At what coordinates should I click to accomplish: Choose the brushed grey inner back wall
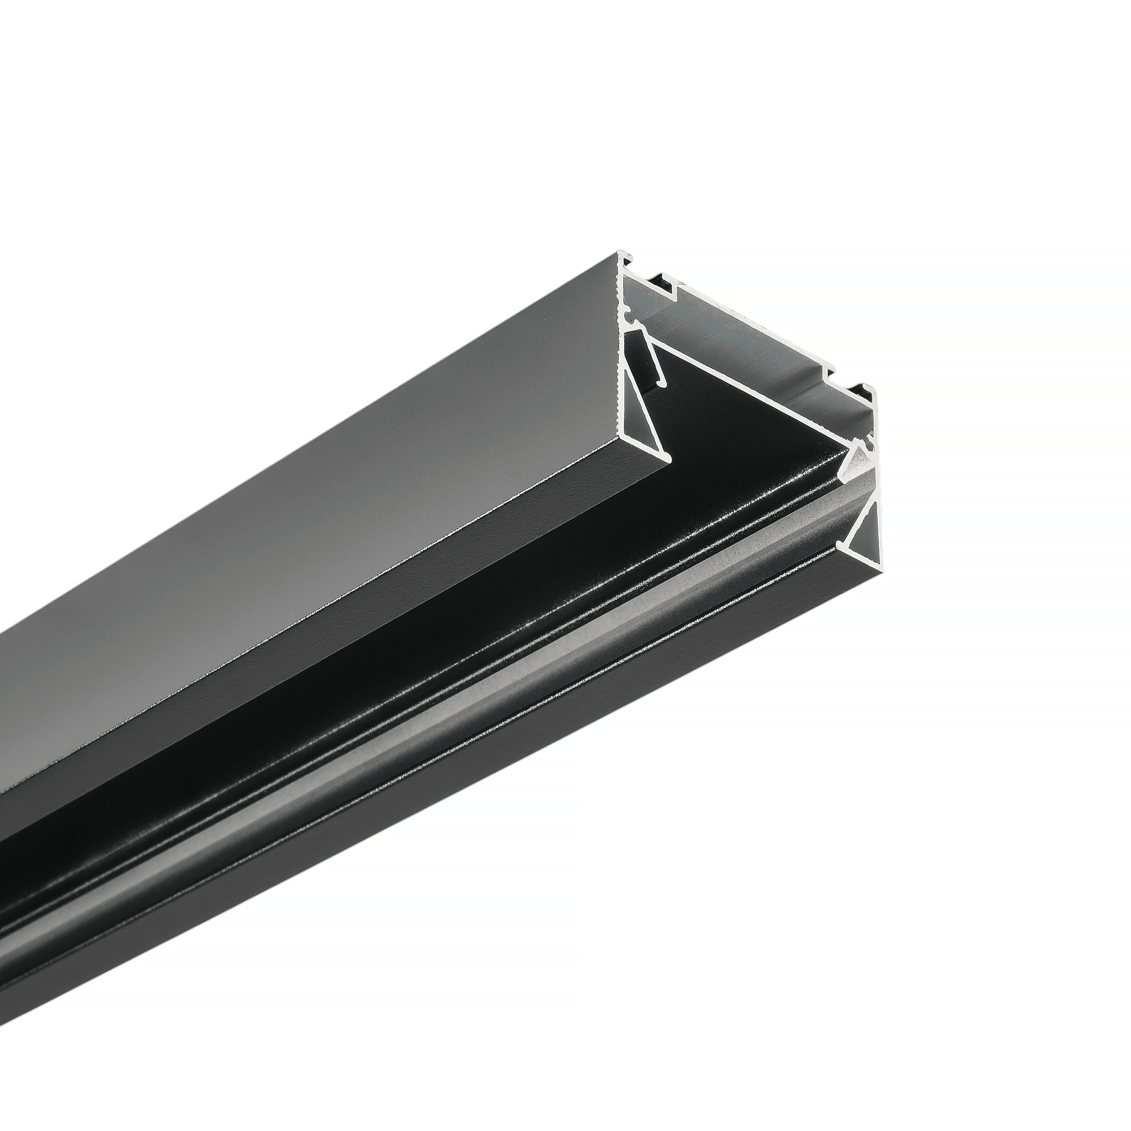click(x=736, y=348)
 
